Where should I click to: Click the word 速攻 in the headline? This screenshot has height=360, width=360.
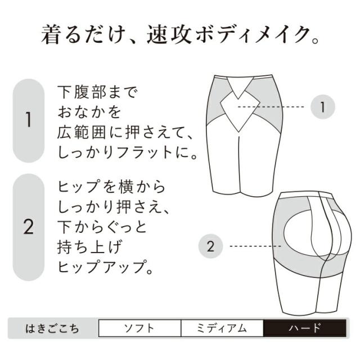[x=169, y=34]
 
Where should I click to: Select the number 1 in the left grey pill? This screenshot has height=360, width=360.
[x=29, y=120]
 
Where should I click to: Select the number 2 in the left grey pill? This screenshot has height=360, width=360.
[x=29, y=226]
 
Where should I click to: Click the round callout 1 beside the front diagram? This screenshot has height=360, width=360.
[x=322, y=107]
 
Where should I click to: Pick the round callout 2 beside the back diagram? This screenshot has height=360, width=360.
[x=210, y=246]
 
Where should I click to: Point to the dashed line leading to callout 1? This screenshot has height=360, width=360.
[x=271, y=107]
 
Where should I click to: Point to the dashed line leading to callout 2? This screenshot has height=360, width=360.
[x=255, y=246]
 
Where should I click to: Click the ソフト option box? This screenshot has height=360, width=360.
[x=139, y=328]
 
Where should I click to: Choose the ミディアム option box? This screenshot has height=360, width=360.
[x=222, y=328]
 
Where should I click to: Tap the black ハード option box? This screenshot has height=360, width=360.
[x=305, y=328]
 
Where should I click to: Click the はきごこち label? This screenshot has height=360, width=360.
[x=52, y=328]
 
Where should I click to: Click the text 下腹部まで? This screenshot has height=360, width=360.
[x=97, y=92]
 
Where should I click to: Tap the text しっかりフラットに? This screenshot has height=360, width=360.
[x=122, y=152]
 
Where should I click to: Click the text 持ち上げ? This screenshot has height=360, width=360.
[x=89, y=247]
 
